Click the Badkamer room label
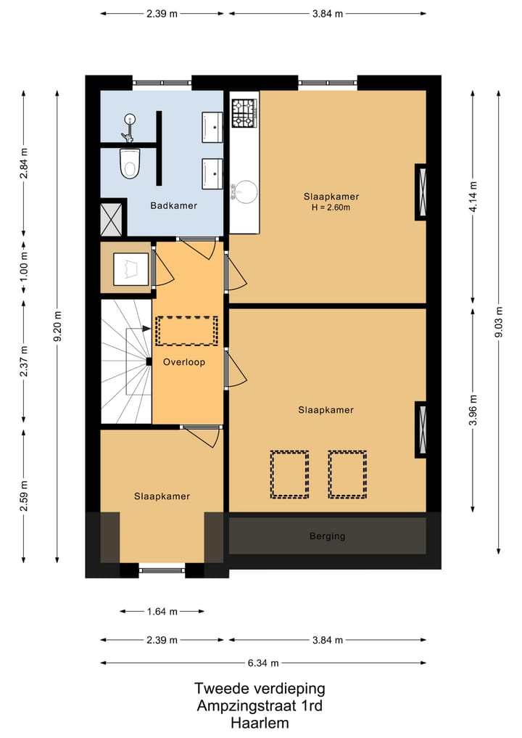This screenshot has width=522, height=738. click(x=173, y=205)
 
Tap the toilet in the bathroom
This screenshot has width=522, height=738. click(x=130, y=163)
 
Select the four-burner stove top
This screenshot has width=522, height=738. click(x=244, y=113)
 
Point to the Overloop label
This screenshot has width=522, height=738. click(x=184, y=362)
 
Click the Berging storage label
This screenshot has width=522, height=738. click(x=327, y=536)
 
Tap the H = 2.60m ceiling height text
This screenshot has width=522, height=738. click(x=331, y=208)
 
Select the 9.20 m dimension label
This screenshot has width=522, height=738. click(x=57, y=327)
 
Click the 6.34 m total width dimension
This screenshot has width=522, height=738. click(x=263, y=663)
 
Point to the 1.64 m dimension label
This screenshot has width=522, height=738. click(x=162, y=612)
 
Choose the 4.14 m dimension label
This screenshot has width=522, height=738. click(x=473, y=197)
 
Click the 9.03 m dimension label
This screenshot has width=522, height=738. click(x=499, y=322)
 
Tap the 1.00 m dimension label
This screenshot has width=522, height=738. click(x=24, y=266)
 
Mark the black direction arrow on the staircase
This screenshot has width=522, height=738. click(x=146, y=329)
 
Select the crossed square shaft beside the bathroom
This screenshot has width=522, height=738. click(x=112, y=218)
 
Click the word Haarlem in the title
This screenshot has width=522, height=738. click(x=260, y=723)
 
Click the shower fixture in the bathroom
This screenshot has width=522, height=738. click(x=128, y=127)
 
